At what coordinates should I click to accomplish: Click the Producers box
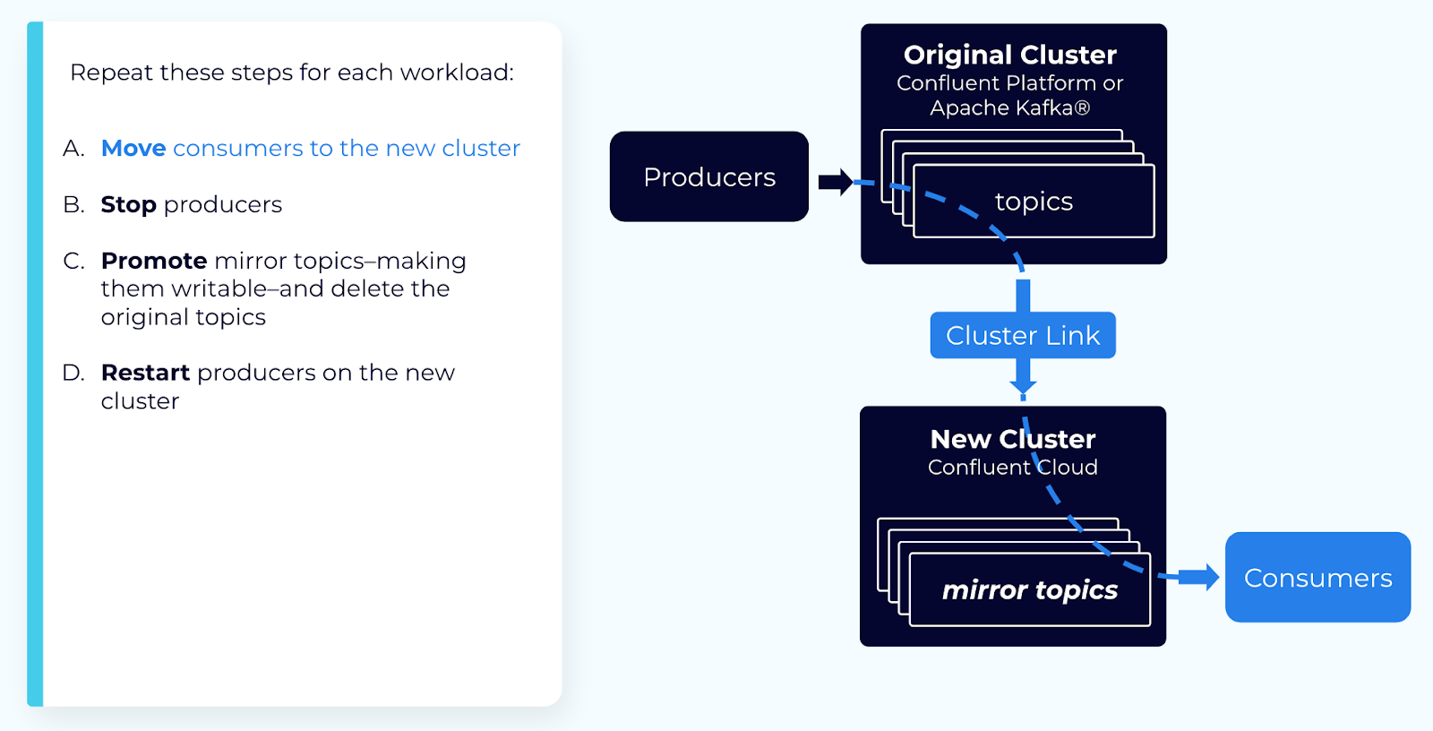[708, 176]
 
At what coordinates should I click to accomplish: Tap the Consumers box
[1317, 578]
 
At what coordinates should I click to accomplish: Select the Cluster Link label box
[1023, 335]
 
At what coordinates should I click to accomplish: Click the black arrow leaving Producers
[835, 182]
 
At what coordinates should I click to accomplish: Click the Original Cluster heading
[1009, 55]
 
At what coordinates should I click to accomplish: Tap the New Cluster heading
[1012, 439]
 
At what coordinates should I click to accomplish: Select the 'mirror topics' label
[1029, 589]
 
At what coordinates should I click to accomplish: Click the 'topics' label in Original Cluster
[1034, 202]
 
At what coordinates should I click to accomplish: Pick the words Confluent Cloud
[1012, 467]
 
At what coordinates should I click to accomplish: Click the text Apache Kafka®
[1009, 108]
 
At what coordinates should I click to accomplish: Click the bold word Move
[133, 148]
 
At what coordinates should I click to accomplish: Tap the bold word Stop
[128, 204]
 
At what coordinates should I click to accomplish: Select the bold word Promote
[154, 261]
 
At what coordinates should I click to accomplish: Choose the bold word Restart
[145, 372]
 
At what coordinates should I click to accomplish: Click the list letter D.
[73, 372]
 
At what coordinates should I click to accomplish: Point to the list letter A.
[73, 148]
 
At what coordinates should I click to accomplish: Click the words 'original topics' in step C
[183, 317]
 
